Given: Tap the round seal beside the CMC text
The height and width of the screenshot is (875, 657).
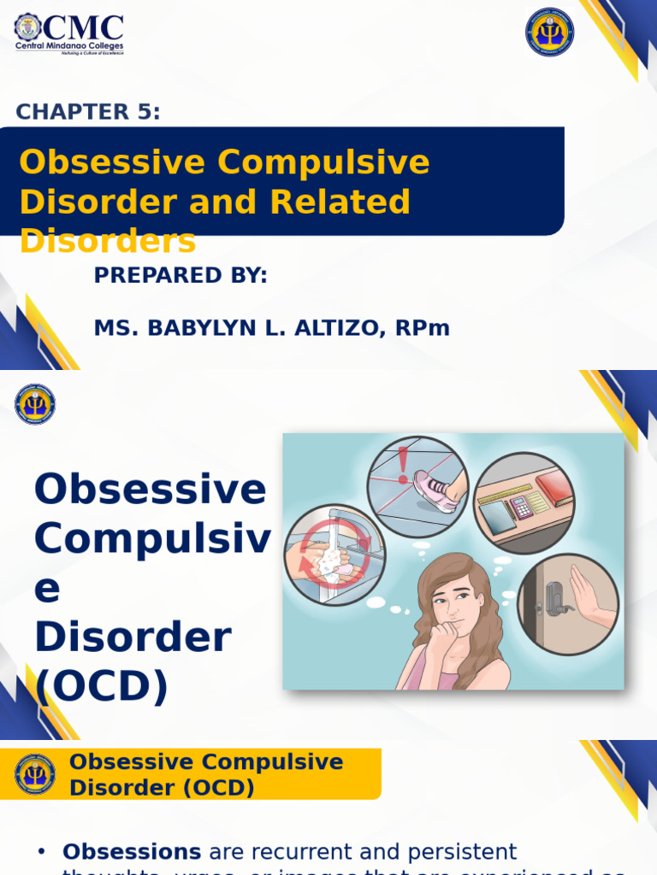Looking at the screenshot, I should [x=27, y=27].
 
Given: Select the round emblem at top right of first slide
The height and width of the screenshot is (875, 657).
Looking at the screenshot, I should [x=549, y=32].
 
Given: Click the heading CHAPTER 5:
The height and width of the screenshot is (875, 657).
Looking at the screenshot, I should [x=88, y=112].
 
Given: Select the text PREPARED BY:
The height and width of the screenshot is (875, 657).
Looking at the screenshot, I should [x=181, y=275].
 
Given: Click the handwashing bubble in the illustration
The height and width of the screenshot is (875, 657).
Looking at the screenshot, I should [x=334, y=555].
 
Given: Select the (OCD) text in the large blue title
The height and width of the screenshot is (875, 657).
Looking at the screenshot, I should [x=101, y=685].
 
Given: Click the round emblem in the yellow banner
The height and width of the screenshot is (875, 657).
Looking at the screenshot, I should [x=35, y=774].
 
